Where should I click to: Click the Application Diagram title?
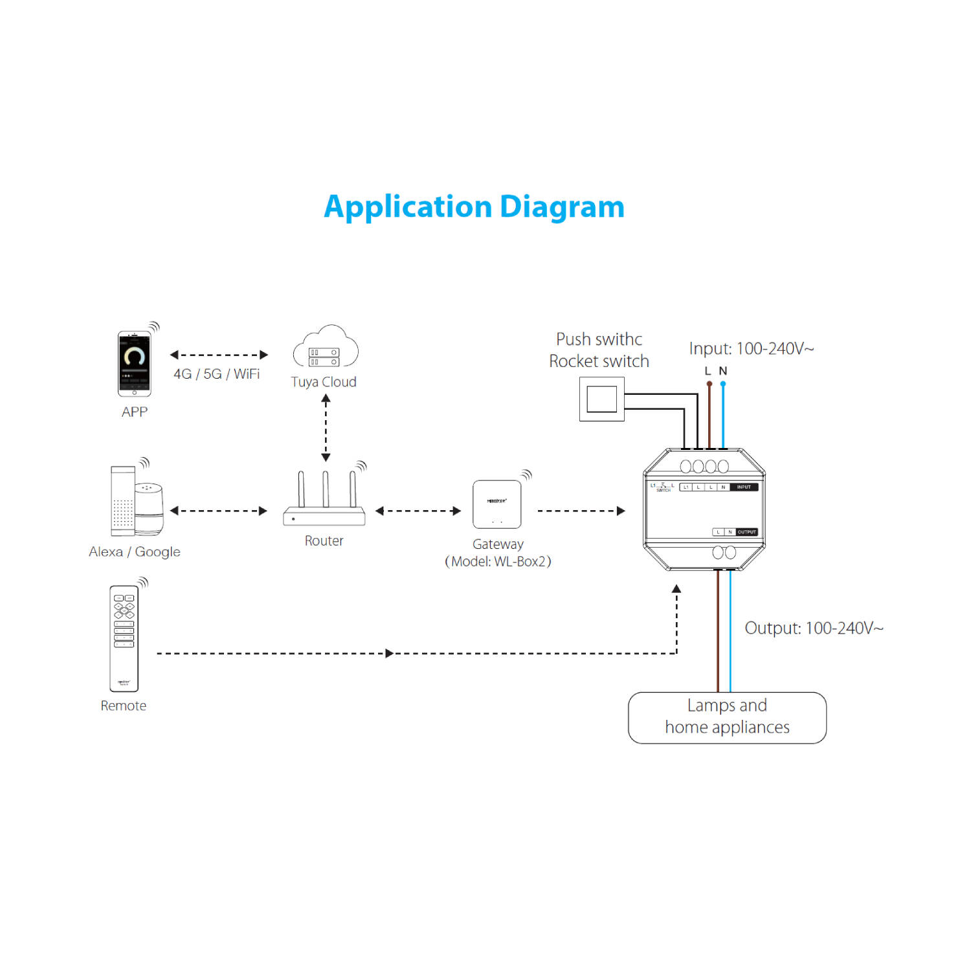click(474, 207)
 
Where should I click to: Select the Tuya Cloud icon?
click(326, 348)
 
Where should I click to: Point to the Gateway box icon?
click(497, 504)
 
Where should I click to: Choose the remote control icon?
click(124, 638)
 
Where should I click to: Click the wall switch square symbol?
click(601, 399)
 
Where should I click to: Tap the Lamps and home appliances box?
click(727, 717)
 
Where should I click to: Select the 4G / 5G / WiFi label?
click(217, 374)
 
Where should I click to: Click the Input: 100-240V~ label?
click(752, 348)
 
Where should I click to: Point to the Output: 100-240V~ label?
click(814, 628)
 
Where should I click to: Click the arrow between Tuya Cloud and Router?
click(326, 428)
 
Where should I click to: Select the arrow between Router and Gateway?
click(418, 511)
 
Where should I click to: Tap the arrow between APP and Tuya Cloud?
click(219, 355)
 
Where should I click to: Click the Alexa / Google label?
click(135, 552)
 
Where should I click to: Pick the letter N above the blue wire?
click(723, 371)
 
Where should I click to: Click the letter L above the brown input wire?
click(708, 371)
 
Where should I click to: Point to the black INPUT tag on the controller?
click(744, 487)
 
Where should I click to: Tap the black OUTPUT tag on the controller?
click(746, 532)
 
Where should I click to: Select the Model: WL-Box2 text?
click(498, 561)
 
